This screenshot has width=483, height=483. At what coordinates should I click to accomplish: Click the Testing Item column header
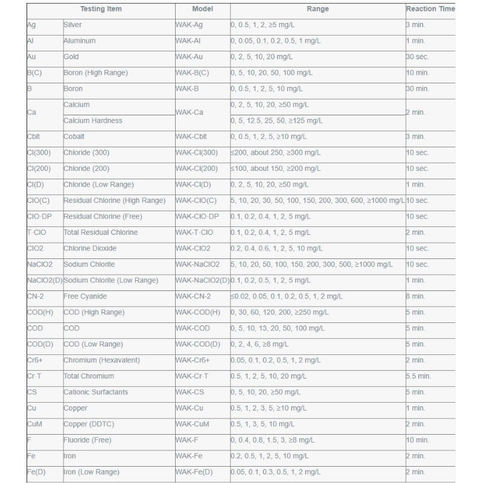(101, 10)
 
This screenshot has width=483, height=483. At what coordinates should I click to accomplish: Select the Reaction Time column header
(430, 10)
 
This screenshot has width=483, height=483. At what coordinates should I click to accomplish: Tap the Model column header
(202, 10)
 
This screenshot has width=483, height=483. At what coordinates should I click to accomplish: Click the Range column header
(318, 10)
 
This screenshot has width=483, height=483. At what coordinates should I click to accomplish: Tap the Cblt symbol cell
(35, 136)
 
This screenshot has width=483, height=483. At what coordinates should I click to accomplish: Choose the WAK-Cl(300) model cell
(199, 152)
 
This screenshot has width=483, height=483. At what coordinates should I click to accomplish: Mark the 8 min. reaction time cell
(415, 296)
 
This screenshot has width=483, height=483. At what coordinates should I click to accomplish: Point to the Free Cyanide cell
(85, 296)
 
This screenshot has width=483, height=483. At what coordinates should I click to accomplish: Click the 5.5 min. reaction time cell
(418, 376)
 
